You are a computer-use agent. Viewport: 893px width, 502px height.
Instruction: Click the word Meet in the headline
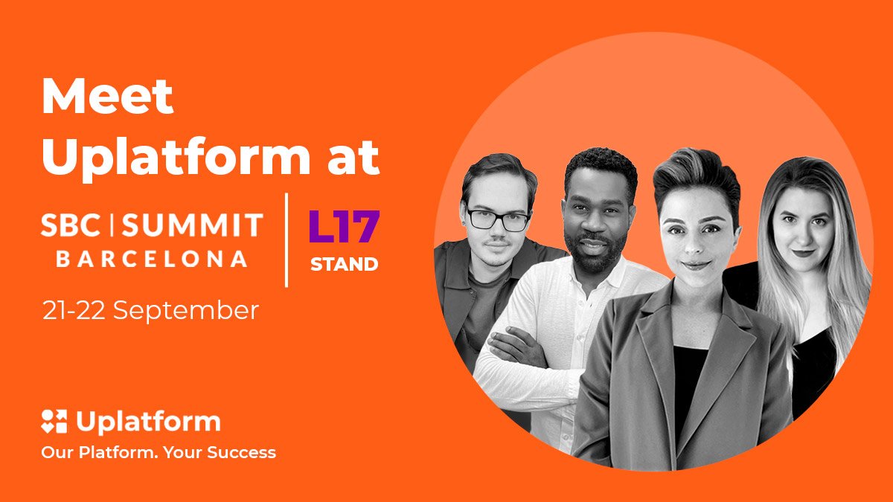(108, 97)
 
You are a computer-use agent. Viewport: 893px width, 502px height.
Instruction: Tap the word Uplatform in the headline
(176, 158)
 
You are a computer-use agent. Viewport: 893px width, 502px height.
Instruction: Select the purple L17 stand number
(345, 226)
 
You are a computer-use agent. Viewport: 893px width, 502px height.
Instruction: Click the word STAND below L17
(345, 265)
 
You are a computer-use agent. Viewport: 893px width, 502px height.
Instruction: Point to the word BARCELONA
(152, 259)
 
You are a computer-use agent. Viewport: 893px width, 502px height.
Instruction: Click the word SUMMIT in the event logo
(193, 225)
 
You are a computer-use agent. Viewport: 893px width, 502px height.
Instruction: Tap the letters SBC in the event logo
(71, 225)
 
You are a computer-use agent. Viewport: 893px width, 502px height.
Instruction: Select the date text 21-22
(74, 311)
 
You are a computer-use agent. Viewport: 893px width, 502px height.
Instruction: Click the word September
(186, 312)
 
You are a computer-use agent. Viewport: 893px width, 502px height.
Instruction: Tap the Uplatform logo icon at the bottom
(54, 421)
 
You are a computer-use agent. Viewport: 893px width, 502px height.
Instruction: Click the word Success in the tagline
(242, 453)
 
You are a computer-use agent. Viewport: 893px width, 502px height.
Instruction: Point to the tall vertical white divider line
(287, 239)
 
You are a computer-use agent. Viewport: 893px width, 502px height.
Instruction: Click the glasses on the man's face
(499, 220)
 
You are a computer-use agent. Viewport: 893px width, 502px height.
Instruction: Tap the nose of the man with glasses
(497, 233)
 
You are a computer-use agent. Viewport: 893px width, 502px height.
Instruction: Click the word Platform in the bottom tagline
(118, 453)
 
